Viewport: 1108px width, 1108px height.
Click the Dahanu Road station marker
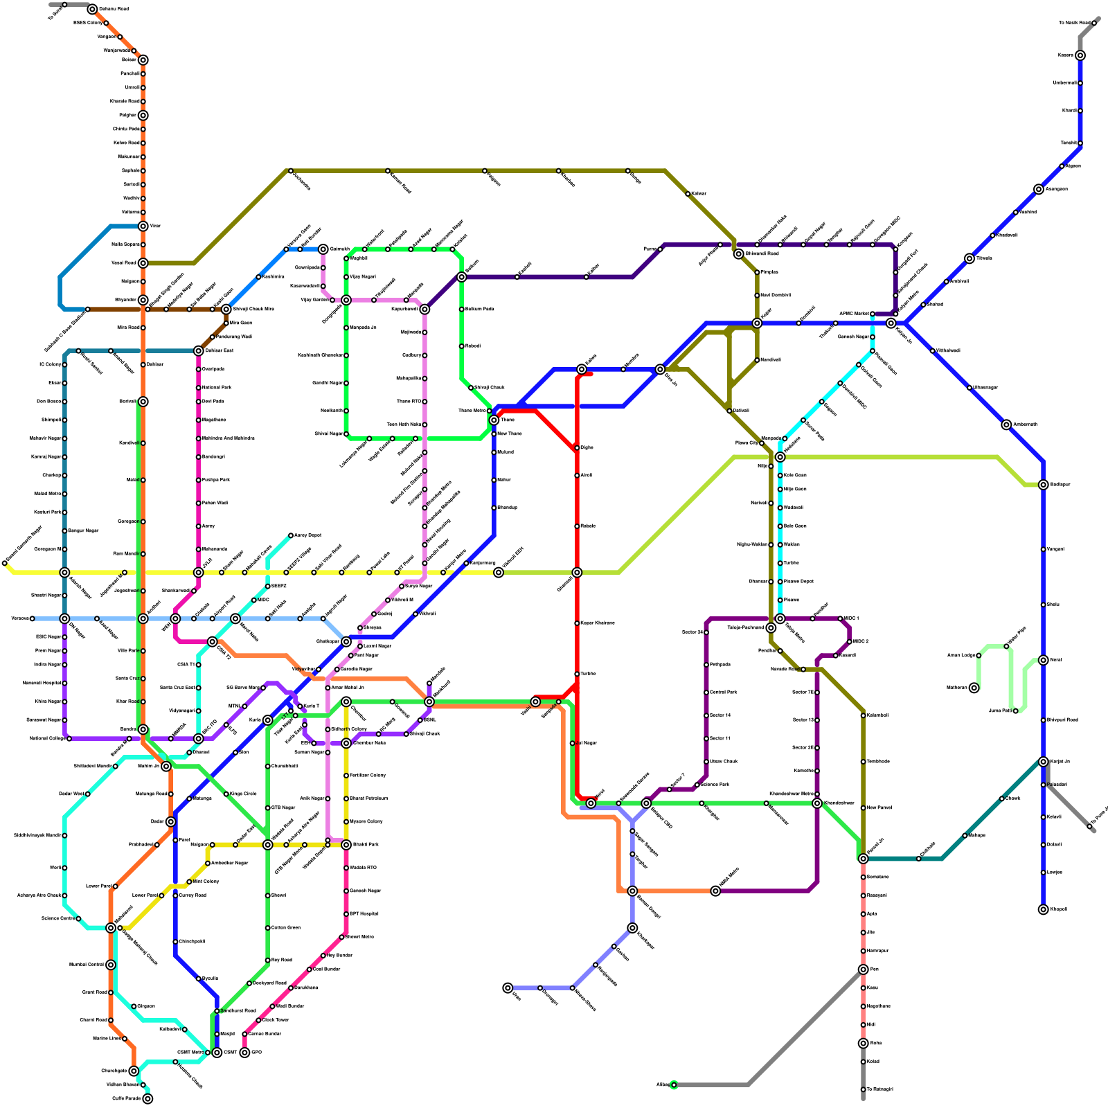tap(92, 10)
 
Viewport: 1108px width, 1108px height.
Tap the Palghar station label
tap(127, 116)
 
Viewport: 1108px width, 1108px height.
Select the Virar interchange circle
tap(143, 226)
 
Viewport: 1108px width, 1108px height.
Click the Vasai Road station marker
tap(143, 263)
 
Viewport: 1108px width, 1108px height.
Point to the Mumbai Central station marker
tap(111, 965)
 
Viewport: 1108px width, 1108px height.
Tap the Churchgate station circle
tap(134, 1071)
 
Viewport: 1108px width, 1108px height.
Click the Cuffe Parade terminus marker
tap(148, 1098)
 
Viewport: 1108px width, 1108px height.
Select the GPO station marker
tap(244, 1053)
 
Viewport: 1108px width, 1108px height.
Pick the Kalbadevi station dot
tap(184, 1030)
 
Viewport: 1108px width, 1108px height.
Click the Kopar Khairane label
tap(598, 623)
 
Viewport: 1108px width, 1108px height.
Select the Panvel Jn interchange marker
tap(863, 859)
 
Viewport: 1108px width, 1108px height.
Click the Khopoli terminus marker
tap(1043, 909)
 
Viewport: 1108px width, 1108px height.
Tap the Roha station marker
tap(863, 1043)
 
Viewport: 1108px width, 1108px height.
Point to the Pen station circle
tap(863, 969)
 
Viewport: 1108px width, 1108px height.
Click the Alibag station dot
tap(674, 1084)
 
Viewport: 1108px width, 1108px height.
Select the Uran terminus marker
tap(508, 988)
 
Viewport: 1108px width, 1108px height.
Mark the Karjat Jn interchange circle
tap(1043, 762)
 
